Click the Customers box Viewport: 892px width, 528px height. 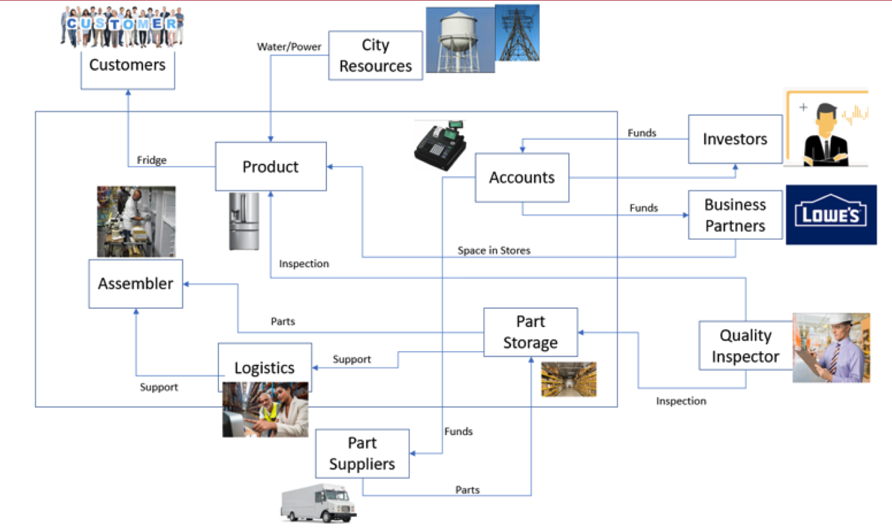[127, 66]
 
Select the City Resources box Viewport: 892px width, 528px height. [376, 56]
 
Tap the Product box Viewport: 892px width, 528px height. [270, 167]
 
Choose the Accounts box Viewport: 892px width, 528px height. [522, 178]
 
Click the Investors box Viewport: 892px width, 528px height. [735, 139]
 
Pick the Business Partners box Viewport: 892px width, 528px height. [735, 215]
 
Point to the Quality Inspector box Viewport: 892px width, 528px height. [745, 346]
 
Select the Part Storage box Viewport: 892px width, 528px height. [530, 332]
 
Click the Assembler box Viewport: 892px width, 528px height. [136, 284]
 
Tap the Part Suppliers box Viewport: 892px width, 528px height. [362, 454]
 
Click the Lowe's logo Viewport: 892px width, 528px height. [831, 215]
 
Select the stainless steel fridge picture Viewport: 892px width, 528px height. [244, 221]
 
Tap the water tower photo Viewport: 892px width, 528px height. [460, 40]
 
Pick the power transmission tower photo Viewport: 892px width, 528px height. [517, 33]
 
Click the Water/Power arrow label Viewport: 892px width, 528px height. [289, 47]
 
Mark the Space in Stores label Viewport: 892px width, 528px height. [493, 250]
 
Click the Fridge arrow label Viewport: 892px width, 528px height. [151, 160]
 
